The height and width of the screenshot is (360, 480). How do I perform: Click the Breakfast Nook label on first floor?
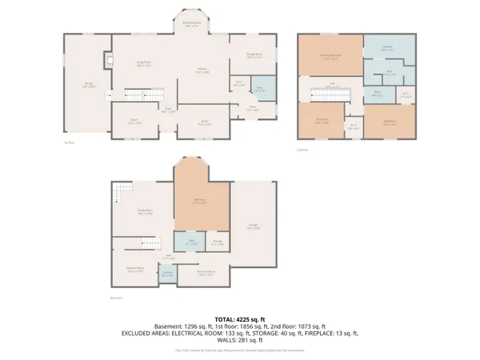191,23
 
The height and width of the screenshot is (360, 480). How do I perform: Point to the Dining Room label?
254,57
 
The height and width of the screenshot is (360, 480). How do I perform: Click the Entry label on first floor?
254,110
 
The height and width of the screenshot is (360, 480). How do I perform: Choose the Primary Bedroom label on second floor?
330,56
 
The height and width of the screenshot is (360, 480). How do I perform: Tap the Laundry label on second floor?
387,48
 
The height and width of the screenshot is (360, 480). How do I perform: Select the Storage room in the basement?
217,242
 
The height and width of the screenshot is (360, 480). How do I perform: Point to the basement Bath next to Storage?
192,242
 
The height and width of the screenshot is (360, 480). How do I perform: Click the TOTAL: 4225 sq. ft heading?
240,318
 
